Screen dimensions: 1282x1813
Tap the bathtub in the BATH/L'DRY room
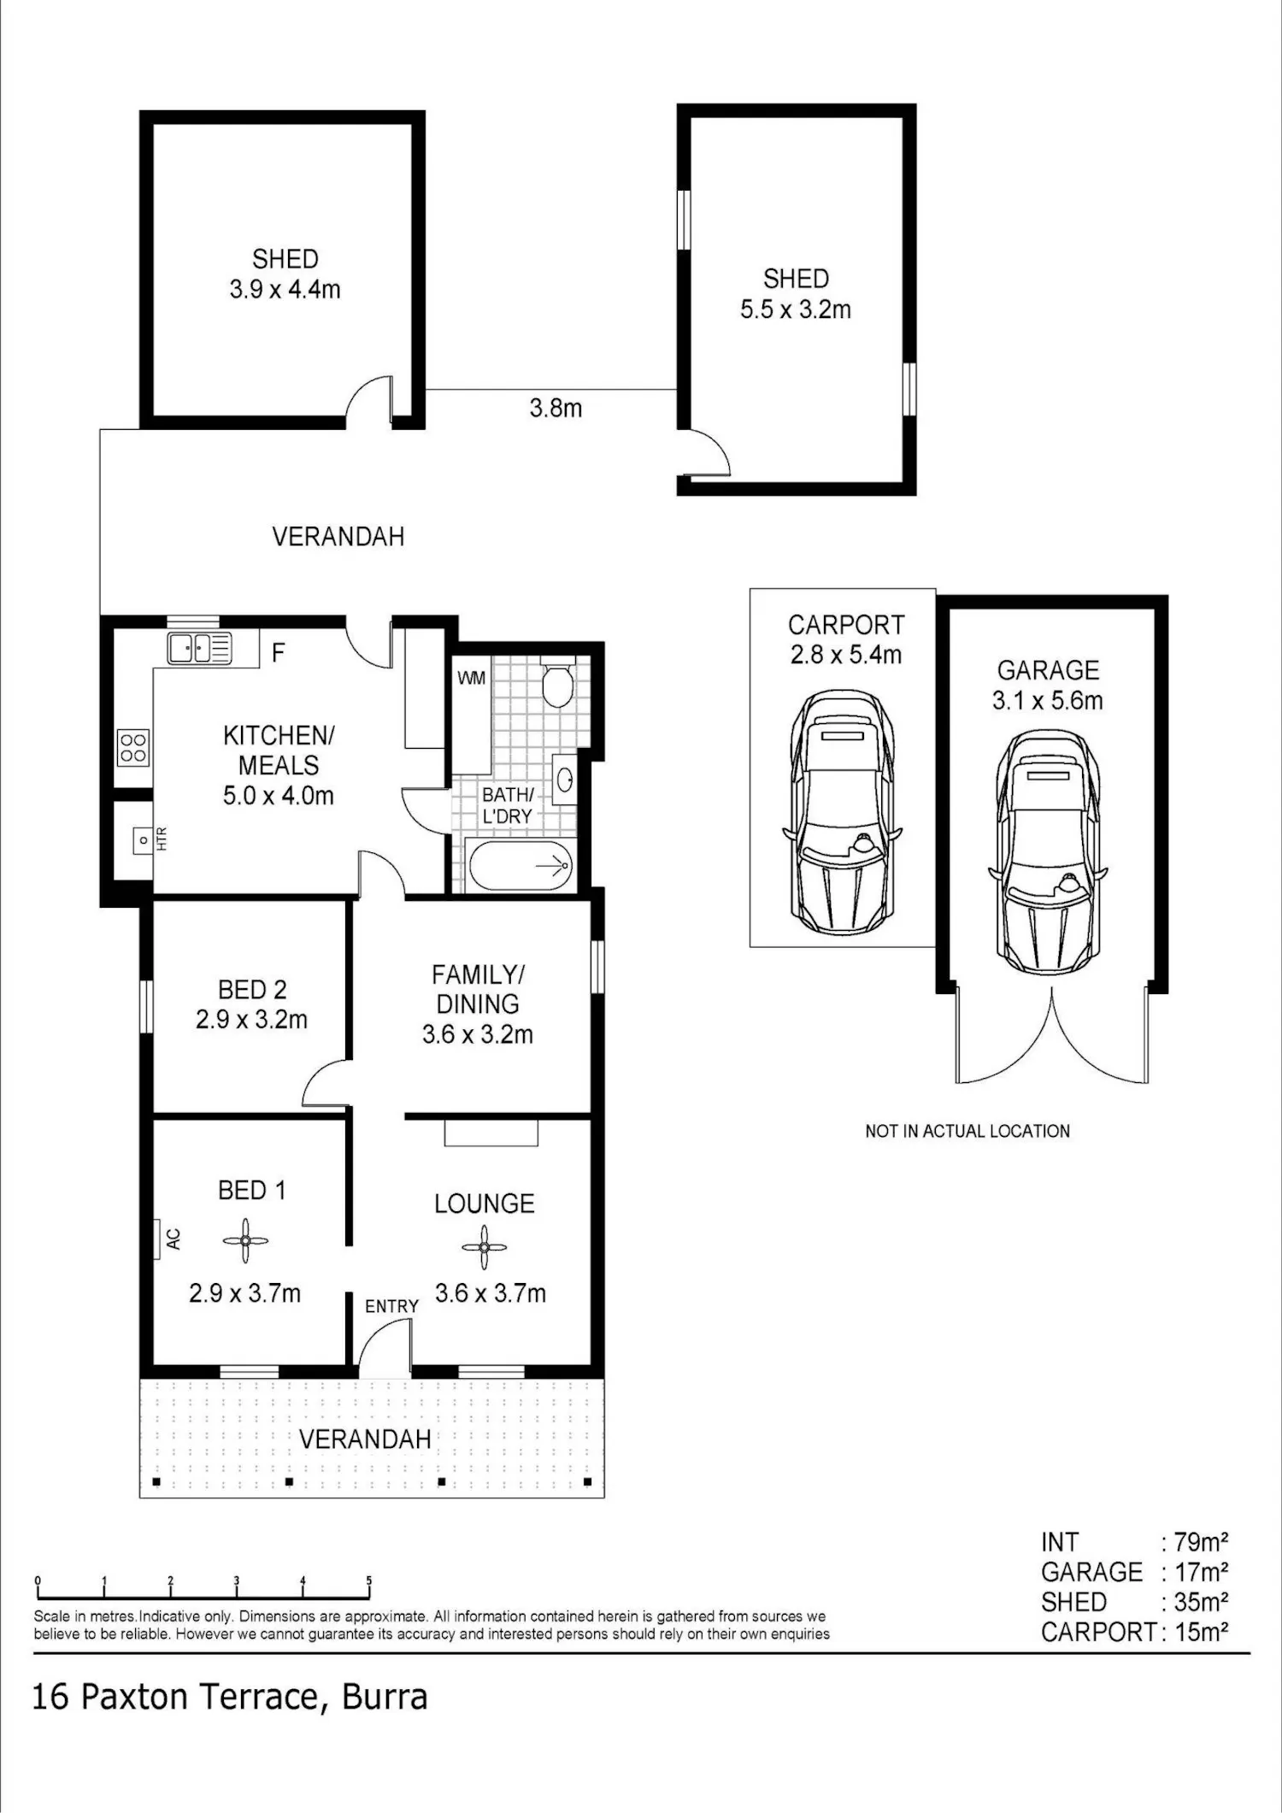pyautogui.click(x=520, y=866)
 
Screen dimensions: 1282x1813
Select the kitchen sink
pyautogui.click(x=199, y=648)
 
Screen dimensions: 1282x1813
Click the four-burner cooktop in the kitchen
pyautogui.click(x=132, y=746)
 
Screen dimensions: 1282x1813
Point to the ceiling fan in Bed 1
pyautogui.click(x=245, y=1240)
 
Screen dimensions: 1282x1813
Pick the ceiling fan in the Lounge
pyautogui.click(x=484, y=1247)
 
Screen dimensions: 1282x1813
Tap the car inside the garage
pyautogui.click(x=1048, y=851)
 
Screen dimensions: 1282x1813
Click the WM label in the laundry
pyautogui.click(x=472, y=678)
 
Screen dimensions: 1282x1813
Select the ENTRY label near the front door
pyautogui.click(x=391, y=1306)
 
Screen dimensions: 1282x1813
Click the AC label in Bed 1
pyautogui.click(x=173, y=1239)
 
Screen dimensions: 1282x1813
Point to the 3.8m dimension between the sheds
pyautogui.click(x=556, y=408)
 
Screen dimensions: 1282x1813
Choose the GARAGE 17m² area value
pyautogui.click(x=1201, y=1571)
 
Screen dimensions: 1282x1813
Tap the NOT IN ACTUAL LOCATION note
pyautogui.click(x=967, y=1131)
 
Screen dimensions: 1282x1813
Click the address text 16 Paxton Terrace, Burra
pyautogui.click(x=229, y=1697)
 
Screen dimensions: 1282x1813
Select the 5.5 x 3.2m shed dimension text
pyautogui.click(x=796, y=309)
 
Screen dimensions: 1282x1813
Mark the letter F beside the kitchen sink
pyautogui.click(x=278, y=653)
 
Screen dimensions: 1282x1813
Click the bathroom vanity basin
pyautogui.click(x=565, y=780)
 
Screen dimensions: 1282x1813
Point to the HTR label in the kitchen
pyautogui.click(x=162, y=838)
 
